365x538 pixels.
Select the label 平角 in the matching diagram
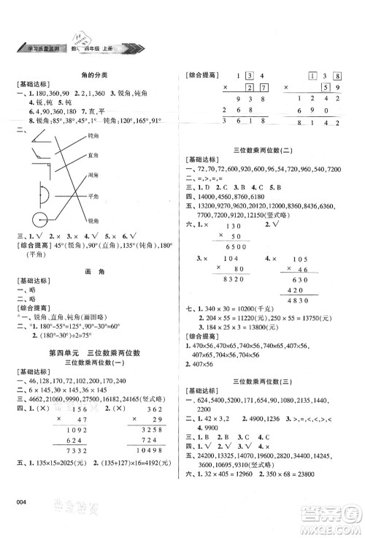coord(93,197)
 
